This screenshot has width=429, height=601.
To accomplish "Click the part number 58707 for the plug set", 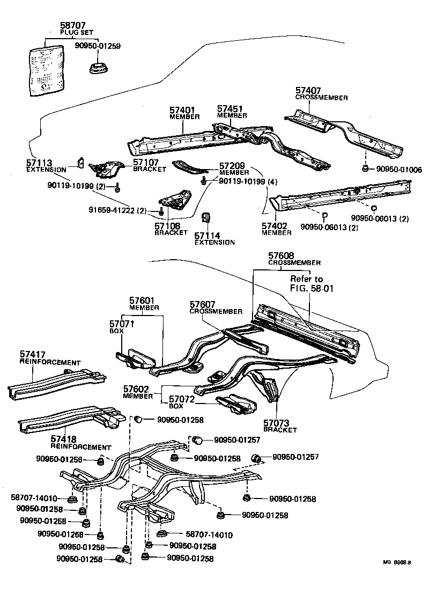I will [x=71, y=26].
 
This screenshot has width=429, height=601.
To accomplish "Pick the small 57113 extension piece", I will [x=80, y=162].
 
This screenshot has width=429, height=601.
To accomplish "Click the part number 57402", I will [x=276, y=226].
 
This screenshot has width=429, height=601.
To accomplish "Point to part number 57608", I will [x=282, y=256].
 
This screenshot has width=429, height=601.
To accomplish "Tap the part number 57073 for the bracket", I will [x=277, y=423].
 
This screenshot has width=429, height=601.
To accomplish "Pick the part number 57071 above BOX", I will [x=122, y=324].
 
